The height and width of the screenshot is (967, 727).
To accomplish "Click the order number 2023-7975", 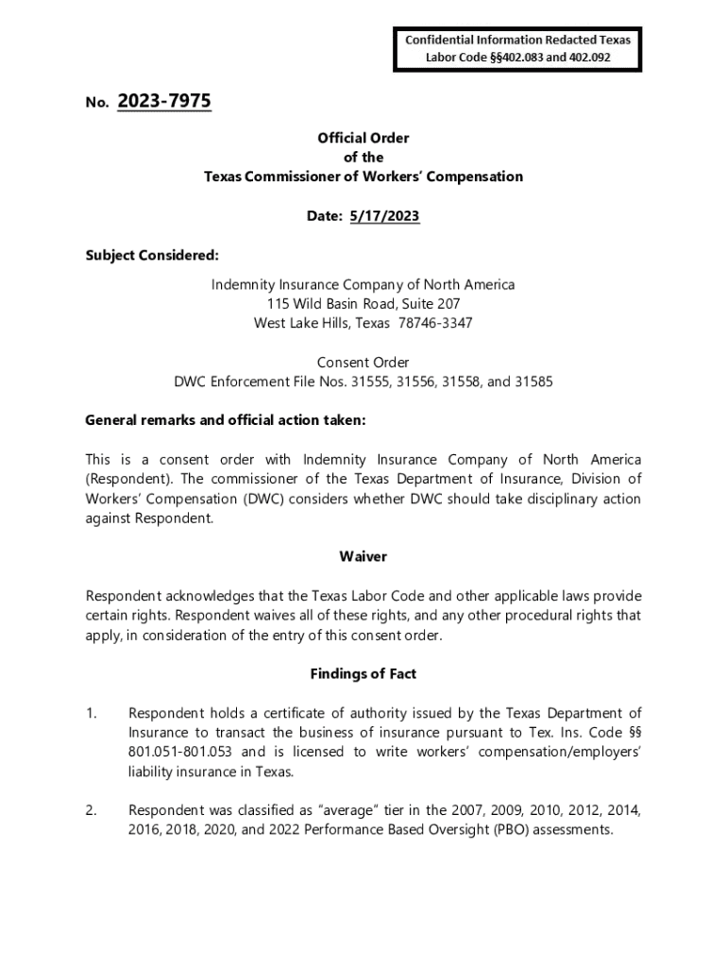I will click(164, 101).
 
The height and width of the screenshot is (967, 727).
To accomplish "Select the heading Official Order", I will click(363, 138).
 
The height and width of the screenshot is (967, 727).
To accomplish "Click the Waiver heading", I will click(363, 557).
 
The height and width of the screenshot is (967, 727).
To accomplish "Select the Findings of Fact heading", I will click(363, 674).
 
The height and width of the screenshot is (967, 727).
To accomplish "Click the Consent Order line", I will click(363, 363).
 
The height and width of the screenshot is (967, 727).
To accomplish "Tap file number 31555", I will click(370, 382).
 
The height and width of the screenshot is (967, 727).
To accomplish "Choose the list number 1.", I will click(91, 713).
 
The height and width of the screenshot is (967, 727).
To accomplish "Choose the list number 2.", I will click(91, 811).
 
